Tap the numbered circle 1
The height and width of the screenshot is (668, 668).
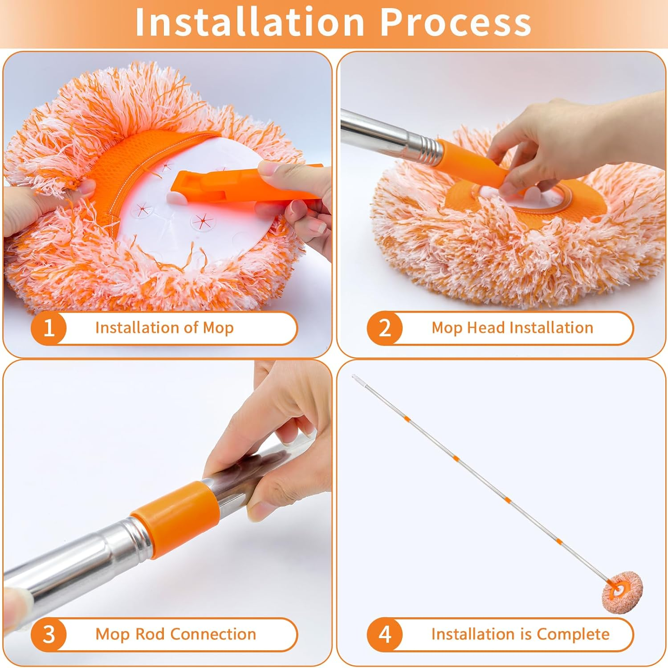click(x=49, y=328)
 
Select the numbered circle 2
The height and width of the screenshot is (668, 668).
click(x=385, y=328)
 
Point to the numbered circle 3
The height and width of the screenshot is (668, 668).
click(x=49, y=635)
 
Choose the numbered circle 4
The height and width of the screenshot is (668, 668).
click(x=385, y=635)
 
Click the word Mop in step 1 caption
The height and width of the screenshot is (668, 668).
click(x=218, y=328)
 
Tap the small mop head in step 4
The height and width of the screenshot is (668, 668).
click(x=623, y=592)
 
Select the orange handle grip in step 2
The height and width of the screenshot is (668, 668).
click(x=472, y=164)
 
